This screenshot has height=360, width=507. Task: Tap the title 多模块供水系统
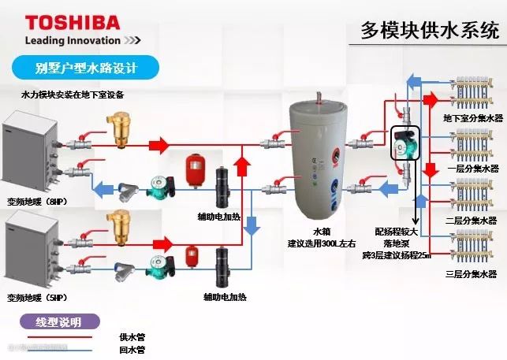[x=430, y=31]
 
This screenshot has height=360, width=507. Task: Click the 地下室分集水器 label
[x=472, y=118]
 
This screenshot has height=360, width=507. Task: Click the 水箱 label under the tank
[x=321, y=232]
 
